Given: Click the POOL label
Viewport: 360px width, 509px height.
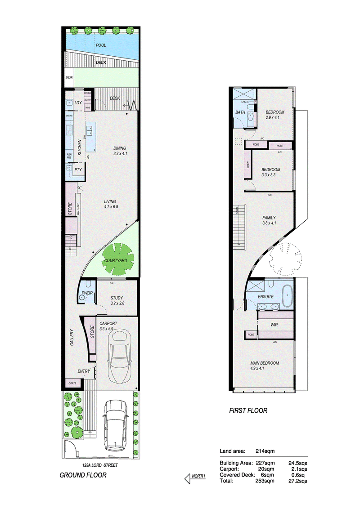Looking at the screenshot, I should coord(101,45).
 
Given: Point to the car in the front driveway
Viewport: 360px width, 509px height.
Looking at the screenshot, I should coord(115,425).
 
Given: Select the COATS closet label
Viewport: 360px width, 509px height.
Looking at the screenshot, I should coord(72,383).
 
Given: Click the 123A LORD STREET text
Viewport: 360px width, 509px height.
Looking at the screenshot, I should coord(99,465).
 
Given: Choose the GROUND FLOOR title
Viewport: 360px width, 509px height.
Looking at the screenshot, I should coord(83,475).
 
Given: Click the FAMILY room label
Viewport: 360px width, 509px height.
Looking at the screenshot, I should coord(269,218).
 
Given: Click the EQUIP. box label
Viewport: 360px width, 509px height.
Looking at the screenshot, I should coord(69,77).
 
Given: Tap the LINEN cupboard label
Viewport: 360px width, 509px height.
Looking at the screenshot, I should coord(248,165).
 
